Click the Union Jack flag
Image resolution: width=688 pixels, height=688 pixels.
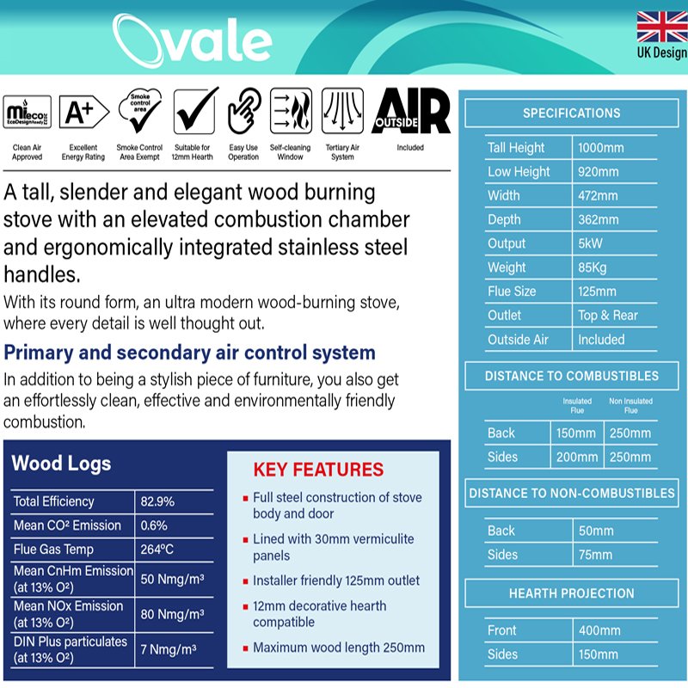tap(662, 27)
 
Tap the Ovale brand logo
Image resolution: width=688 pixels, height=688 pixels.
tap(192, 40)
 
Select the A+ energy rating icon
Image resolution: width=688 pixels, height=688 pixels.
tap(83, 112)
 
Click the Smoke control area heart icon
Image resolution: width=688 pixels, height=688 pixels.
tap(140, 110)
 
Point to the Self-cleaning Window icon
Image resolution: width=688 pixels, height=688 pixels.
tap(291, 111)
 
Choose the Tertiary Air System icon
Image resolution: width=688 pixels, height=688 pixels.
tap(342, 111)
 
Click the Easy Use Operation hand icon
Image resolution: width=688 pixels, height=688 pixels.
tap(244, 111)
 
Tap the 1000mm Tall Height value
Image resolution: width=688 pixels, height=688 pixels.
tap(600, 148)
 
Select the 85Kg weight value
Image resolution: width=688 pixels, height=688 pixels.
tap(593, 267)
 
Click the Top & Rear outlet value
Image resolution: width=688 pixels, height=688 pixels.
tap(608, 315)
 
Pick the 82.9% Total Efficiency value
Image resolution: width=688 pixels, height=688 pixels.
tap(157, 501)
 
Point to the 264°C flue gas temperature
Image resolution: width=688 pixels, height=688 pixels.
tap(157, 550)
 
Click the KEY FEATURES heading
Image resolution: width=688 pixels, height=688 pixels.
tap(318, 470)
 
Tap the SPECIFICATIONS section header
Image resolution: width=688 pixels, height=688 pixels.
tap(572, 114)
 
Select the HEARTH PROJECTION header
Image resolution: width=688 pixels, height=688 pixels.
tap(572, 593)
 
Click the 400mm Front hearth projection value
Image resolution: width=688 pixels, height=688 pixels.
tap(599, 630)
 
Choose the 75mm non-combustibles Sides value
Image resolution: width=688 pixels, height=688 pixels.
tap(595, 555)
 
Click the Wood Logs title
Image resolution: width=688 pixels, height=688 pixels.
tap(61, 464)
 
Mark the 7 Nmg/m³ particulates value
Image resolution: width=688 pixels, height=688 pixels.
tap(169, 649)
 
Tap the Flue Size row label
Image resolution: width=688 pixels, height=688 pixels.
tap(512, 292)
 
